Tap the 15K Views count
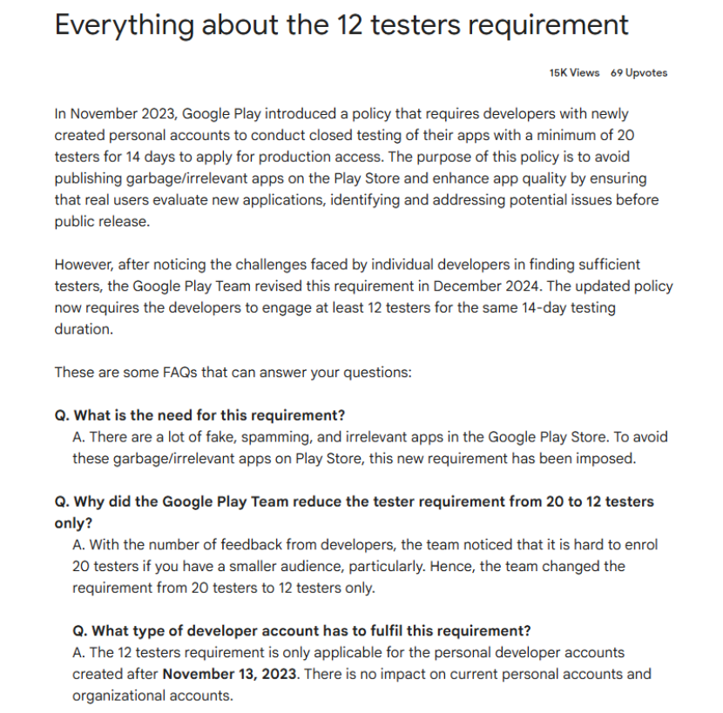coord(574,73)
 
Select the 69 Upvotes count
coord(639,73)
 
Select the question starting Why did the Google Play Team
coord(354,501)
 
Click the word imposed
coord(605,458)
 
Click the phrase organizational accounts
coord(152,696)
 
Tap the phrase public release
coord(101,221)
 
